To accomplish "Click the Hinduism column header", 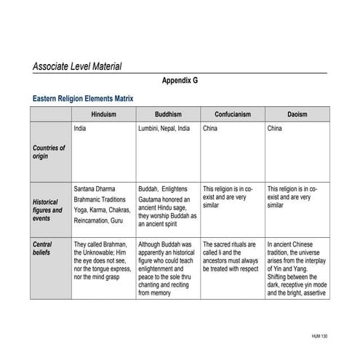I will (104, 115).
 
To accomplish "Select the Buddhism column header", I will (168, 115).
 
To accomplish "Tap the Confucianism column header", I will (233, 115).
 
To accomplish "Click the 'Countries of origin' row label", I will (49, 152).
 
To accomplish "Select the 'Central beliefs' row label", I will (43, 248).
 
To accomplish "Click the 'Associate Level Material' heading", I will (77, 66).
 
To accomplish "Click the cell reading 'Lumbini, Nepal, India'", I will (164, 129).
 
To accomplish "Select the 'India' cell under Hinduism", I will (81, 129).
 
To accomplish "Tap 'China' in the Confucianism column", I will (210, 129).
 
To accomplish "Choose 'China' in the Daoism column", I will (275, 129).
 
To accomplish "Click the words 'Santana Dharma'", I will (95, 188).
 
